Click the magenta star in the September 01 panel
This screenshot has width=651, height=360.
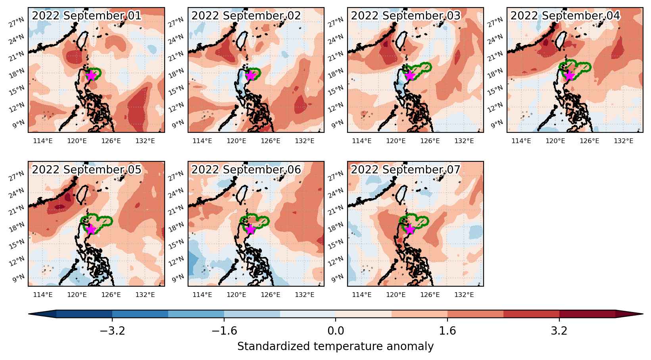click(91, 76)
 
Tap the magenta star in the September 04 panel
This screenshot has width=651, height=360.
click(569, 76)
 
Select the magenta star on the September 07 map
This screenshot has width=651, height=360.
click(410, 229)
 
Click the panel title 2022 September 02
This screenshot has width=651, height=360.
click(246, 16)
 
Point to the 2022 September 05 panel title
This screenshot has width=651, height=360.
click(86, 169)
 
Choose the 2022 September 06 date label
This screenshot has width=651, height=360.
click(246, 169)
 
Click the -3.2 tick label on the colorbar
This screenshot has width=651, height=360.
click(112, 331)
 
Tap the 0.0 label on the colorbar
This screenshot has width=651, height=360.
click(336, 331)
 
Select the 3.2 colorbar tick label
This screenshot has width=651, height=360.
click(559, 331)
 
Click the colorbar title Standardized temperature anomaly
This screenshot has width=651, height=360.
click(335, 347)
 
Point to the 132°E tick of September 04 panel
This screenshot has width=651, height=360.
click(623, 141)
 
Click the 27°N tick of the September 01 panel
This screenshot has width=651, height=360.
click(17, 22)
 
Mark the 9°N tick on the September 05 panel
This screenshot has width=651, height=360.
click(19, 278)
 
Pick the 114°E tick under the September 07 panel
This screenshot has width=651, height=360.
click(361, 295)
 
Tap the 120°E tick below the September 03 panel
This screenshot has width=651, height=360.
click(396, 141)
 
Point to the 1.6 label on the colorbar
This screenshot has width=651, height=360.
click(447, 331)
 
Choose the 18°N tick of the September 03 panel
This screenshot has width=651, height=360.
click(336, 73)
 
